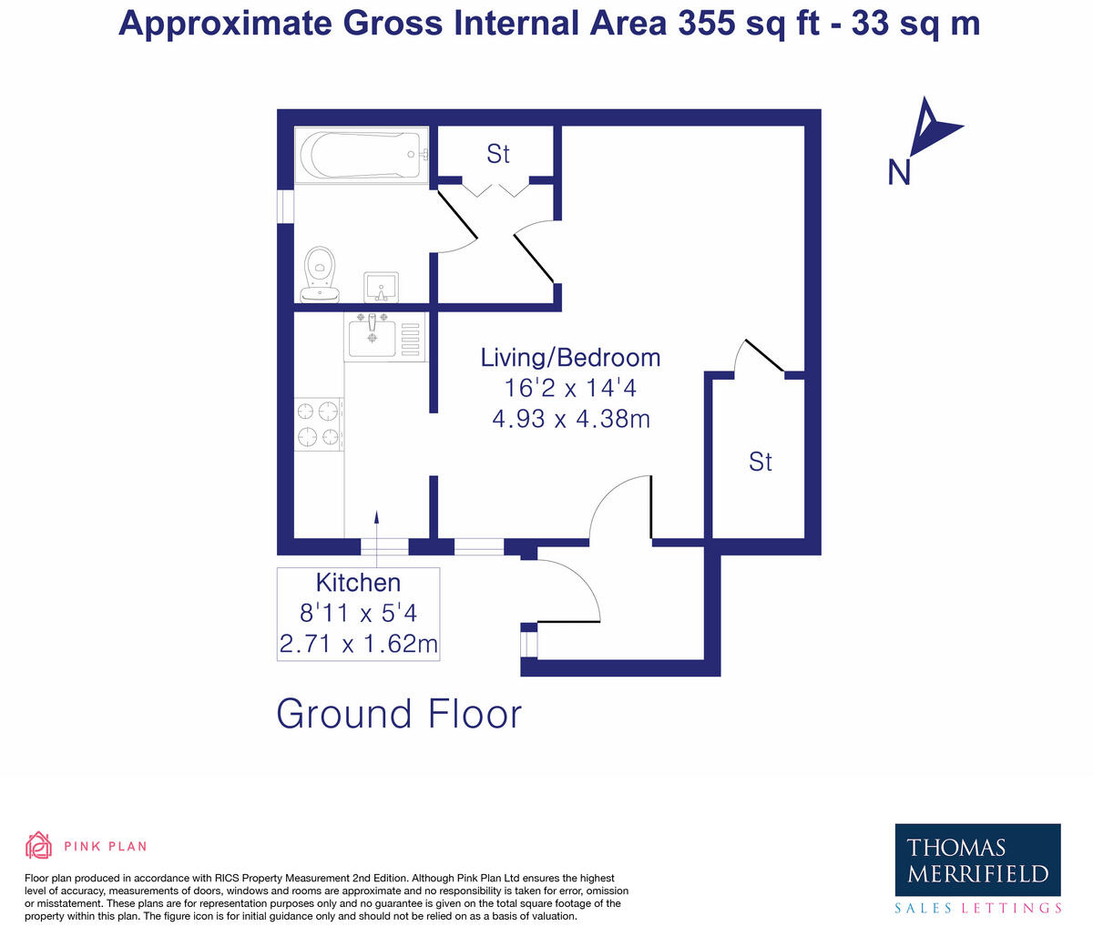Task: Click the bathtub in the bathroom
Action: tap(362, 156)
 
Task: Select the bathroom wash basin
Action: tap(381, 287)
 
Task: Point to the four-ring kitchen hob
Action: tap(319, 424)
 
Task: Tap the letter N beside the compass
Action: tap(899, 172)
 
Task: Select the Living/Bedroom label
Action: tap(570, 357)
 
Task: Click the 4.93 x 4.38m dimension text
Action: tap(570, 419)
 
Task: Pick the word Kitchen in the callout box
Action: tap(358, 583)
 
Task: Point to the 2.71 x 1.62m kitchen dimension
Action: tap(358, 645)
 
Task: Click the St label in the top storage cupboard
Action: tap(497, 154)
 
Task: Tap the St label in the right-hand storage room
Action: tap(760, 462)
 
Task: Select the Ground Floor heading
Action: tap(399, 714)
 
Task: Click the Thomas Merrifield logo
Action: tap(977, 860)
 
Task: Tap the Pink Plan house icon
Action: tap(39, 846)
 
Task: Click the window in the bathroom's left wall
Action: tap(286, 206)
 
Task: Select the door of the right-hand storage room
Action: tap(762, 356)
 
